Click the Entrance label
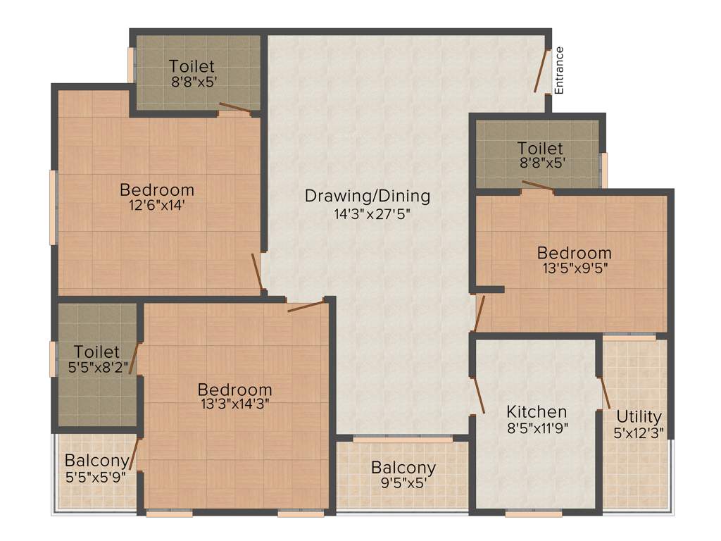tap(560, 70)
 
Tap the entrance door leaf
tap(541, 70)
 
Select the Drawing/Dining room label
tap(367, 196)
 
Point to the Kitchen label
tap(537, 411)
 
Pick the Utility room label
tap(639, 416)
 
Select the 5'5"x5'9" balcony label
tap(96, 476)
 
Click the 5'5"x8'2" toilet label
tap(96, 366)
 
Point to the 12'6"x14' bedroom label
tap(157, 206)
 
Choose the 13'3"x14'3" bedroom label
tap(234, 404)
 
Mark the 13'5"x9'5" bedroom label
tap(574, 268)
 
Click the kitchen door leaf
tap(478, 394)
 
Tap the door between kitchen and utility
tap(604, 392)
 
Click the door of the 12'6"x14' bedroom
tap(257, 272)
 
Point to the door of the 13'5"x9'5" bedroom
tap(479, 313)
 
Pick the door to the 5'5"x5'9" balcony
tap(134, 454)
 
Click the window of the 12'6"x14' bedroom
tap(52, 208)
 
